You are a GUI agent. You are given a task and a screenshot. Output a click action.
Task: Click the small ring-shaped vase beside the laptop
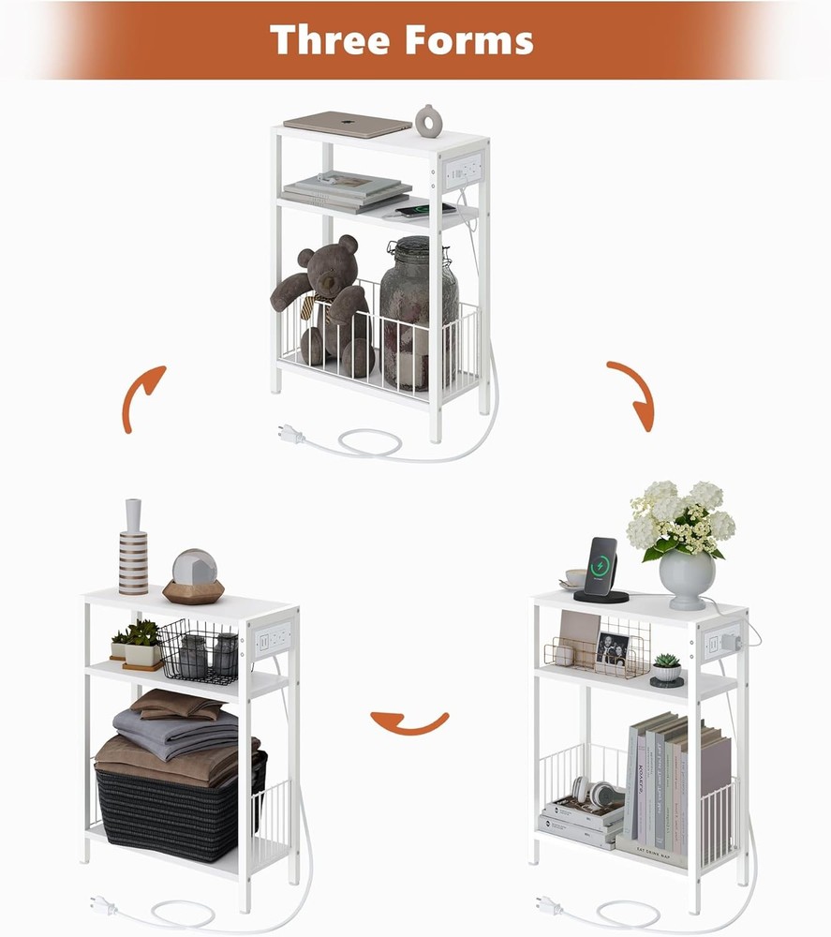pos(429,121)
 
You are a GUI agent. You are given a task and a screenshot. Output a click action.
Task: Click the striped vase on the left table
pos(133,551)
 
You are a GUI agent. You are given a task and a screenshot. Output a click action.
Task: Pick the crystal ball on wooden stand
pos(194,575)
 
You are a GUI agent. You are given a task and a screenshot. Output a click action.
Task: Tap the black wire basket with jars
pos(199,650)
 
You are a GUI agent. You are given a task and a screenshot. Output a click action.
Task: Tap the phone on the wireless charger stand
pos(601,567)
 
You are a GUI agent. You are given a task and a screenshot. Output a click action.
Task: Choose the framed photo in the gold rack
pos(613,648)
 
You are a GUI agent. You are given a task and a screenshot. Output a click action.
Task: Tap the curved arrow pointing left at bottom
pos(409,722)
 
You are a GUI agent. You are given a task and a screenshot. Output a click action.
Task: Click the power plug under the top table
pos(290,433)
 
